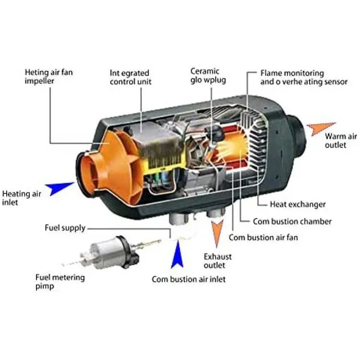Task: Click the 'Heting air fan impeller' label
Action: tap(48, 76)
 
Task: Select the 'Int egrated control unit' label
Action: tap(131, 77)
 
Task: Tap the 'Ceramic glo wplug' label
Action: tap(208, 76)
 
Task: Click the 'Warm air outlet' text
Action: tap(341, 141)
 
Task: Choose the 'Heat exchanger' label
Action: tap(298, 204)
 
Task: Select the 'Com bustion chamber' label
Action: tap(292, 221)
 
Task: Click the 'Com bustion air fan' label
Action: tap(263, 237)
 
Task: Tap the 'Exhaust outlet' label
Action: tap(217, 261)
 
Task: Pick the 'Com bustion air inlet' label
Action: tap(189, 279)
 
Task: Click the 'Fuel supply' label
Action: tap(65, 228)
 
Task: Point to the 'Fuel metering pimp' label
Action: tap(60, 282)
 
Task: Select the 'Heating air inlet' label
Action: tap(21, 198)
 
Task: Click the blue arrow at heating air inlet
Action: tap(59, 188)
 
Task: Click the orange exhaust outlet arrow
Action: tap(217, 232)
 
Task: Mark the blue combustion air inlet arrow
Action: tap(177, 255)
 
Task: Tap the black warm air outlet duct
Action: tap(297, 135)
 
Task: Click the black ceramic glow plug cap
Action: tap(217, 133)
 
